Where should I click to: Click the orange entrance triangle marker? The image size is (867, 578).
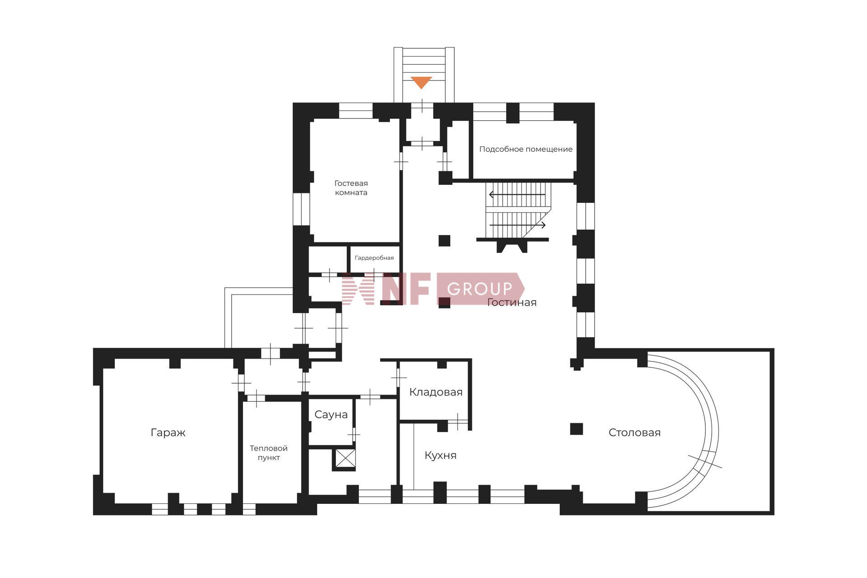421,82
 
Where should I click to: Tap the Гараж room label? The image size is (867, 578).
168,433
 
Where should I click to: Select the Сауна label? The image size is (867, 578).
331,415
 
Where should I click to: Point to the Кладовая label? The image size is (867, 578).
436,392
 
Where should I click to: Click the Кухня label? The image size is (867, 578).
440,456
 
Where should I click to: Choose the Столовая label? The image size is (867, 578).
634,433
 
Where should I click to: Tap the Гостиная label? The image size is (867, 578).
512,303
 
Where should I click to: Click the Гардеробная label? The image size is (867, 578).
374,258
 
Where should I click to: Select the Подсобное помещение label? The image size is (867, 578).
526,149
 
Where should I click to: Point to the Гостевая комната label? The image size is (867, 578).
351,188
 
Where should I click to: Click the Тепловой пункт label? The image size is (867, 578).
269,453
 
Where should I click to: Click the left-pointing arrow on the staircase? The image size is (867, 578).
517,195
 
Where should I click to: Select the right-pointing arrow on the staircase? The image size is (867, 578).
517,225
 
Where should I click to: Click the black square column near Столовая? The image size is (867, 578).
576,429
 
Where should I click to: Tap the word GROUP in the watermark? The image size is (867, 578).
480,289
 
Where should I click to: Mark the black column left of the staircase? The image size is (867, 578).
444,240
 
